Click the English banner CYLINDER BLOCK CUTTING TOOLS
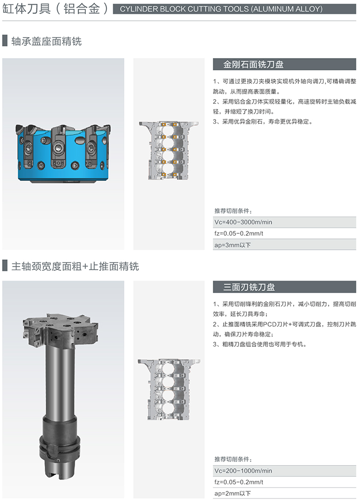click(x=235, y=9)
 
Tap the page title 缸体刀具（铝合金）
click(x=55, y=9)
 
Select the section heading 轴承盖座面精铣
click(x=46, y=41)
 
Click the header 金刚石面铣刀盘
click(x=253, y=64)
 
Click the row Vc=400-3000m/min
click(x=284, y=222)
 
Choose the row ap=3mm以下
click(x=284, y=245)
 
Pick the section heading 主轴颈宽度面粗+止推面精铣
click(x=75, y=266)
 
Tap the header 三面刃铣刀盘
click(x=249, y=287)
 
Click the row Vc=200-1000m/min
click(x=284, y=471)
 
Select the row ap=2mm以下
click(x=284, y=493)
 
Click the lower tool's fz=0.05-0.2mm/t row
click(x=284, y=482)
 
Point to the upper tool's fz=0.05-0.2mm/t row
click(x=284, y=233)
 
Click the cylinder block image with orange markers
click(x=169, y=150)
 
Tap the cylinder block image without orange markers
click(x=169, y=389)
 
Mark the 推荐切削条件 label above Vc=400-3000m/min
click(x=233, y=211)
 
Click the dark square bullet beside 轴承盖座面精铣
click(x=5, y=41)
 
